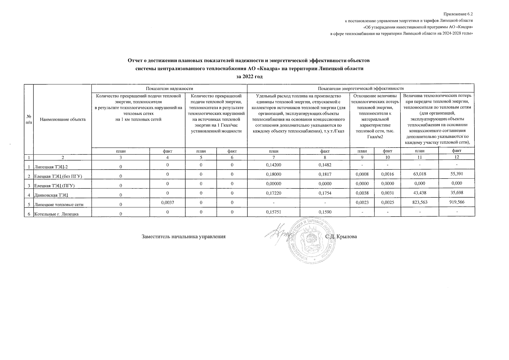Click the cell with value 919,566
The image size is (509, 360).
coord(457,202)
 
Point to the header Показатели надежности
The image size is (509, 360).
coord(169,88)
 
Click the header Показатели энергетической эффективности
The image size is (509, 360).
coord(361,88)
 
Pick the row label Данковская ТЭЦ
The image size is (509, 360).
coord(51,195)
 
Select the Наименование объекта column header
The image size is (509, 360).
coord(62,119)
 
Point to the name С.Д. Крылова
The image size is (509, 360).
coord(341,237)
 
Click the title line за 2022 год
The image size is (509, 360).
coord(249,76)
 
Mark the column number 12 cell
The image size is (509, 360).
coord(457,157)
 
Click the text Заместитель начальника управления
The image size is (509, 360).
coord(183,237)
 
